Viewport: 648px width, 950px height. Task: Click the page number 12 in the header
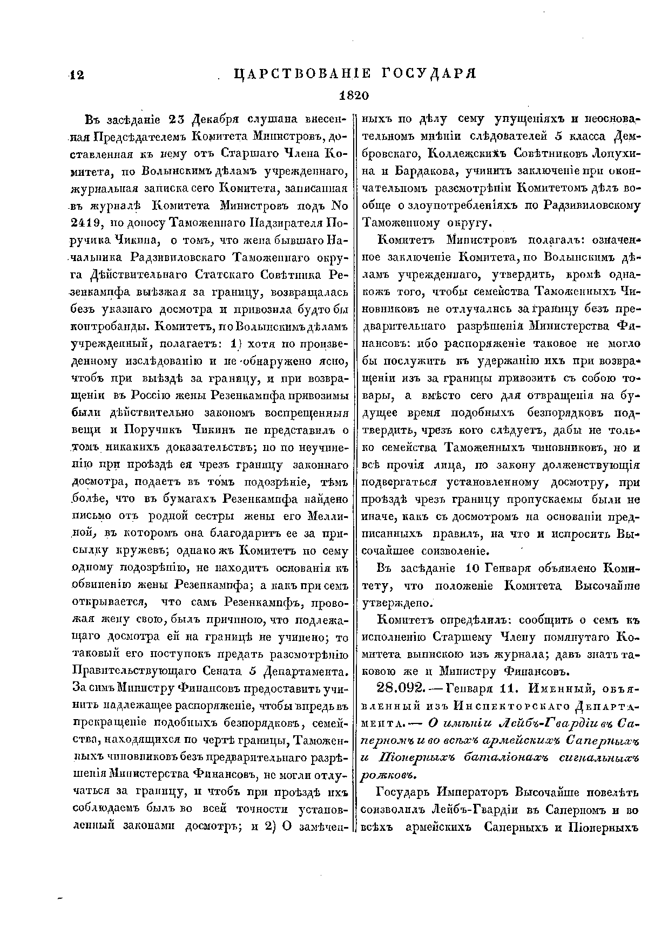pyautogui.click(x=76, y=76)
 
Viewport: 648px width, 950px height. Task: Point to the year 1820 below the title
pyautogui.click(x=353, y=95)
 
